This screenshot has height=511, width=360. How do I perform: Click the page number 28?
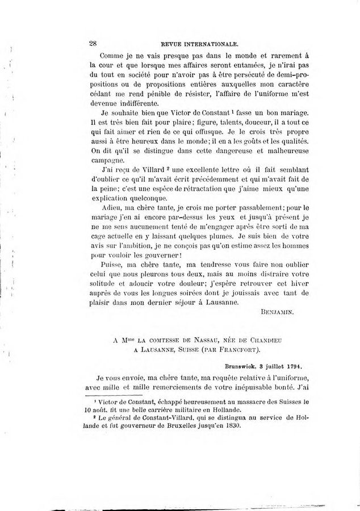[x=94, y=43]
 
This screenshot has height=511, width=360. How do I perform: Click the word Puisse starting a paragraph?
[x=111, y=264]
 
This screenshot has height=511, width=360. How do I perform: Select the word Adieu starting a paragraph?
[x=110, y=208]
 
